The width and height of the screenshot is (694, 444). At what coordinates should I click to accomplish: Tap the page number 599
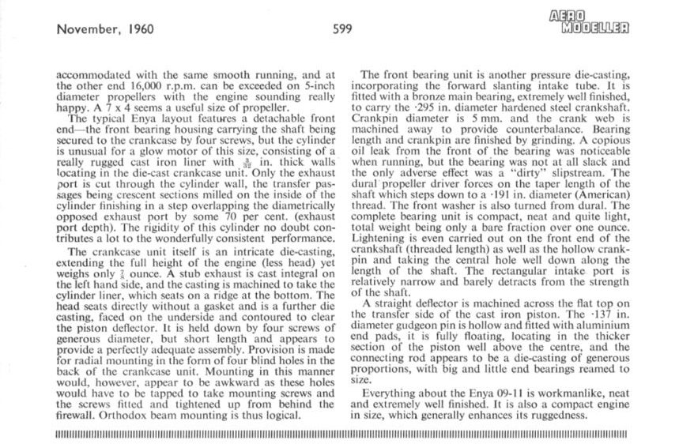(342, 30)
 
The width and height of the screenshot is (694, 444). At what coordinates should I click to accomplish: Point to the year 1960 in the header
(139, 30)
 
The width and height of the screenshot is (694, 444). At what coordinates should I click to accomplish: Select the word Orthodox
(125, 413)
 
